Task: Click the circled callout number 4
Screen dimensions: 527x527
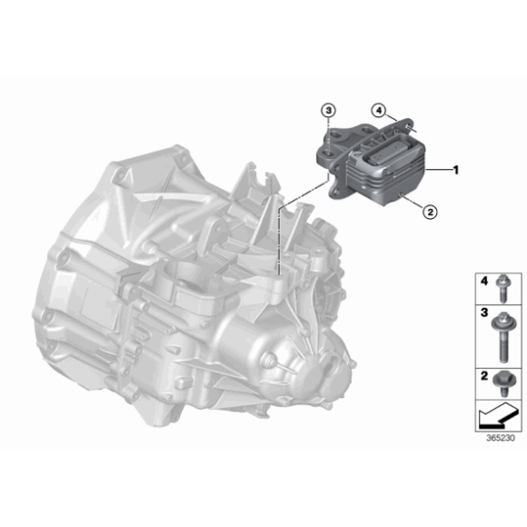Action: click(376, 111)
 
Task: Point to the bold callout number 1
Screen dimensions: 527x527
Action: click(456, 169)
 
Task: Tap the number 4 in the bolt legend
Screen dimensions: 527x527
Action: click(484, 278)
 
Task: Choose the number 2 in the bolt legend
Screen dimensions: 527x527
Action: click(484, 374)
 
